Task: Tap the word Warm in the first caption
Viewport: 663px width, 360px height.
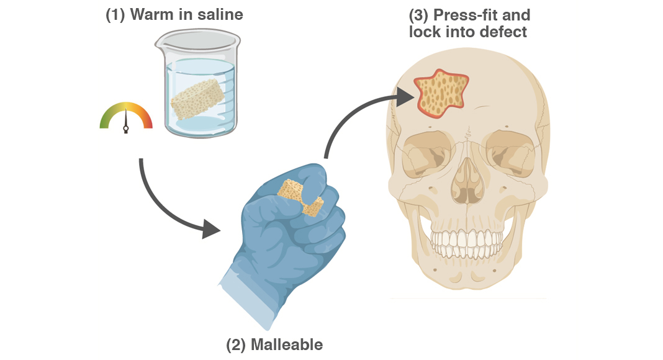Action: point(150,14)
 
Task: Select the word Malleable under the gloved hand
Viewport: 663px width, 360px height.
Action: point(287,344)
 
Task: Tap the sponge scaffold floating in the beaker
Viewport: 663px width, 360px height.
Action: point(197,99)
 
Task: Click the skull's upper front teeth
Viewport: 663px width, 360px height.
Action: point(467,239)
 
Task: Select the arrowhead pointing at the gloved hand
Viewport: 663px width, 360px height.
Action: point(211,230)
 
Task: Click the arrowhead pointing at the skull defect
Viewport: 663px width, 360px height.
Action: point(405,97)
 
